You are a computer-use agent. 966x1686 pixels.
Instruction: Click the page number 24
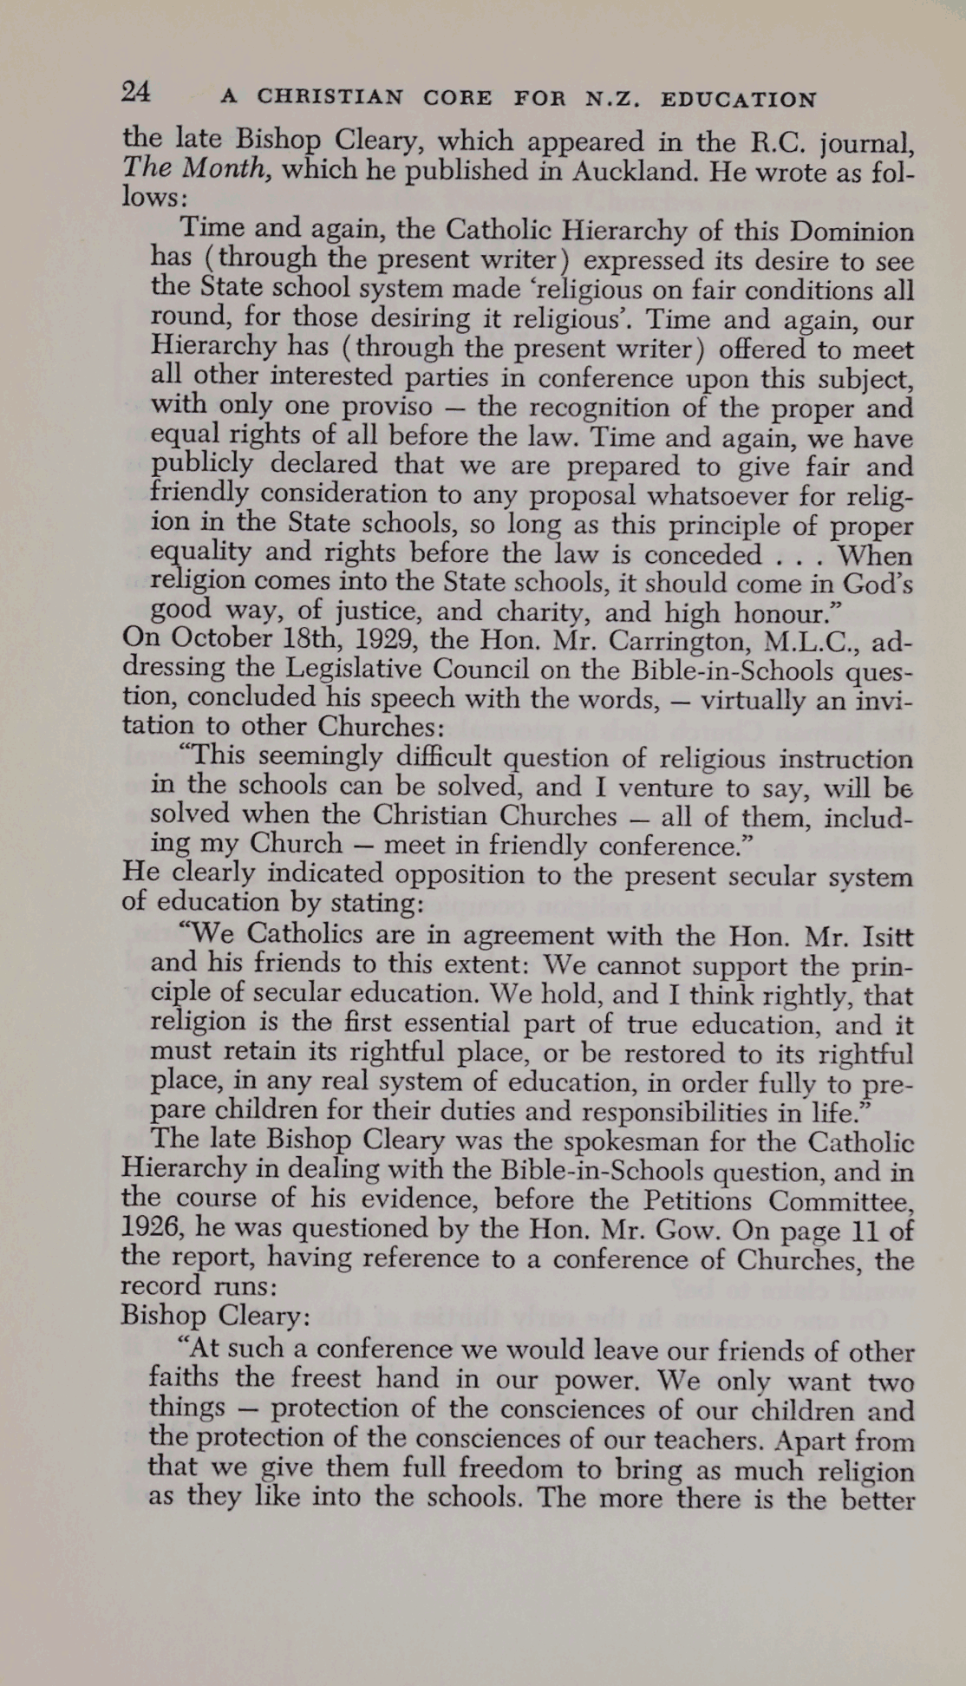(138, 92)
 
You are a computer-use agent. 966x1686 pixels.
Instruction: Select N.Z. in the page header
(614, 99)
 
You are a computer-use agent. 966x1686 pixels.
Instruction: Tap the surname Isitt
(878, 936)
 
